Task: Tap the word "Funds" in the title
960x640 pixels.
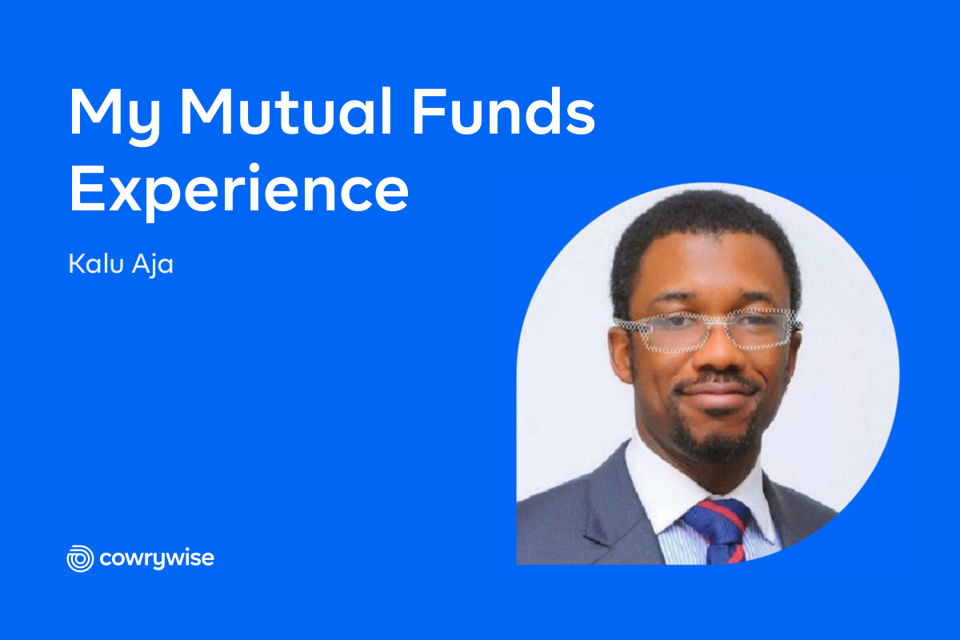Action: point(503,111)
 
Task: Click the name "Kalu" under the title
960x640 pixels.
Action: point(96,263)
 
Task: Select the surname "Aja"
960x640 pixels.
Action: point(153,265)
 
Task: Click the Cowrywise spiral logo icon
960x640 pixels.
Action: point(80,558)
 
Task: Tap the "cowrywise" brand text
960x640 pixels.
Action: point(157,559)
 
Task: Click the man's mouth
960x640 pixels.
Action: point(718,393)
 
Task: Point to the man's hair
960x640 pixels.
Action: point(703,231)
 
